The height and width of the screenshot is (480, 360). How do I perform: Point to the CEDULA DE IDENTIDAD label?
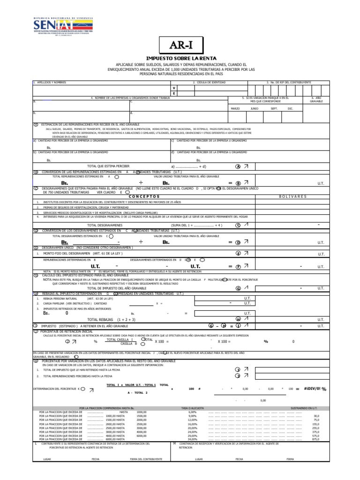click(x=209, y=82)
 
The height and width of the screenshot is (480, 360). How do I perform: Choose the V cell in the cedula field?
click(x=174, y=88)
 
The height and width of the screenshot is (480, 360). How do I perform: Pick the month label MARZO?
click(x=235, y=108)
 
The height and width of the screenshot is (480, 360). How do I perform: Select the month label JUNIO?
click(x=255, y=108)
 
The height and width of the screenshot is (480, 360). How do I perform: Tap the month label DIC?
click(x=290, y=108)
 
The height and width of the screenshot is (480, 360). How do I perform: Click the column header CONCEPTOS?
click(x=144, y=196)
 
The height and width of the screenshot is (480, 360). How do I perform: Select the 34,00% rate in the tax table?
click(x=192, y=439)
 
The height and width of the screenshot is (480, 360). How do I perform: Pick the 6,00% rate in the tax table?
click(x=192, y=412)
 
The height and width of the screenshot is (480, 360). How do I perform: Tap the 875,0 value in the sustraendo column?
click(x=315, y=439)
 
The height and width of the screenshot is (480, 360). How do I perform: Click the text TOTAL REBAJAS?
click(x=101, y=319)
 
